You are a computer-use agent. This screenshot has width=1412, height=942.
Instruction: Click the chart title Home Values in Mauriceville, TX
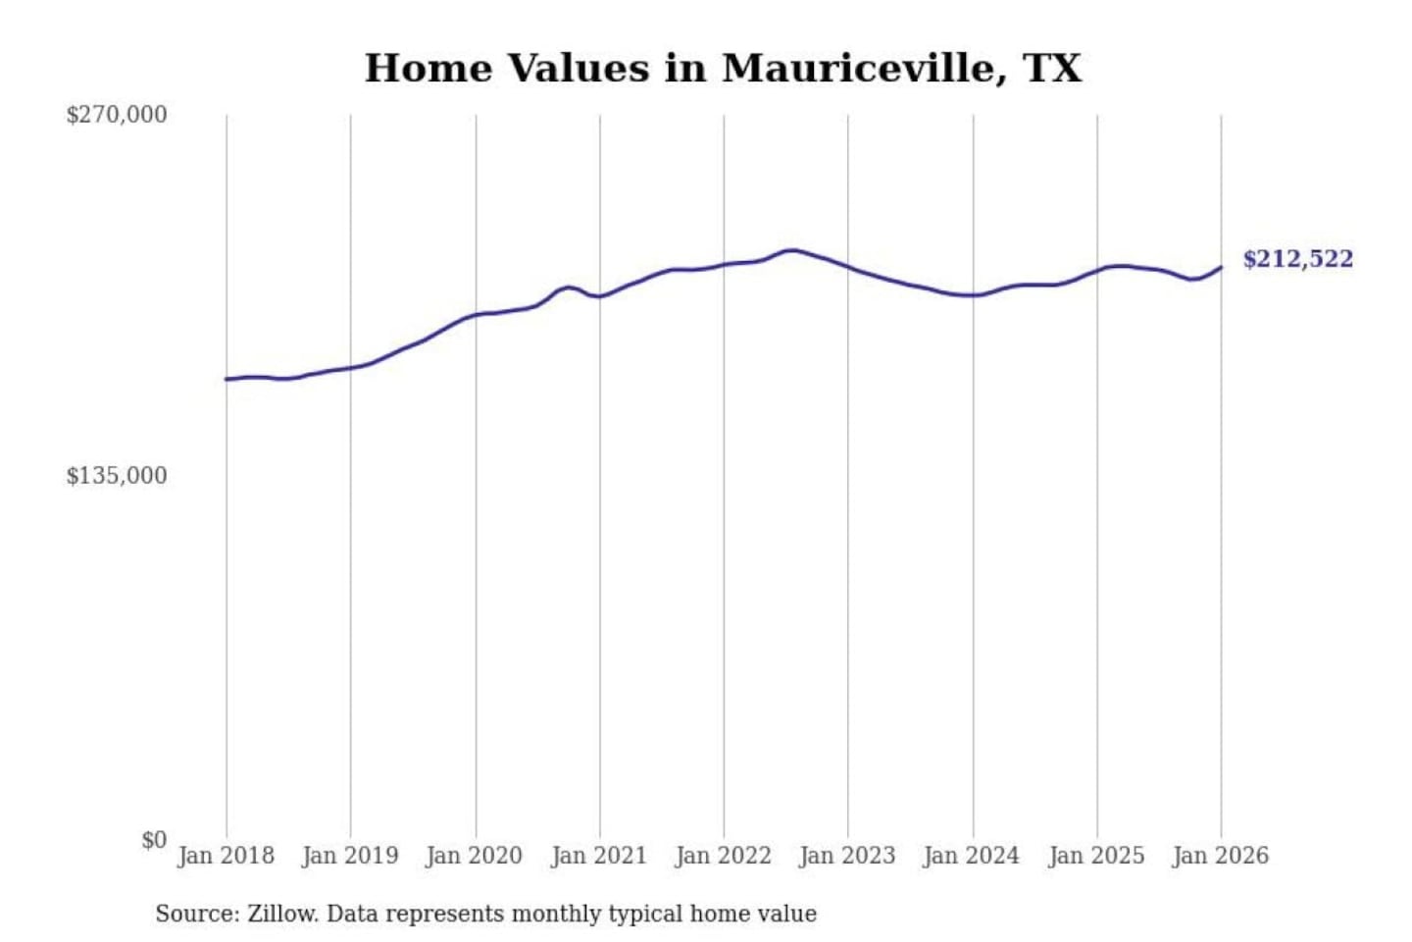[x=723, y=69]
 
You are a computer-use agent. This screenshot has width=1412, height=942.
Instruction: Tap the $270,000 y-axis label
[x=116, y=115]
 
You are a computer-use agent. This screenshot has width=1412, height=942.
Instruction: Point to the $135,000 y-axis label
[x=116, y=476]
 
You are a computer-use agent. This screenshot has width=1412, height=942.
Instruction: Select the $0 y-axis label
[x=154, y=840]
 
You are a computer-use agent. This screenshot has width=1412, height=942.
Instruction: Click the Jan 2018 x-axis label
[x=226, y=856]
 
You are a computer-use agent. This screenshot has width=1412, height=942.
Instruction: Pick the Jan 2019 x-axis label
[x=350, y=856]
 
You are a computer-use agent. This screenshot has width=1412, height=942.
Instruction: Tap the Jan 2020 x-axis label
[x=475, y=856]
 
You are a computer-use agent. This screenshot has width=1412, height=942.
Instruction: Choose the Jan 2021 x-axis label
[x=599, y=856]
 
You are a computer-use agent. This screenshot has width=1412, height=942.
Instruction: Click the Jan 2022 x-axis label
[x=724, y=856]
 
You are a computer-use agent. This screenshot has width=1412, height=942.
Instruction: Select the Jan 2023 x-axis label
[x=847, y=856]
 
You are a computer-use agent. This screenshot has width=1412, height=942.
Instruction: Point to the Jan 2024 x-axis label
[x=972, y=856]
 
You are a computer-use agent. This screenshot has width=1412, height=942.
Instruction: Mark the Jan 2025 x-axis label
[x=1096, y=856]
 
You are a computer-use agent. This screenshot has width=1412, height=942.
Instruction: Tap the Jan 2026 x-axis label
[x=1221, y=856]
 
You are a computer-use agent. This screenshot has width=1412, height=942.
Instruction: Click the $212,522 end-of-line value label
[x=1297, y=259]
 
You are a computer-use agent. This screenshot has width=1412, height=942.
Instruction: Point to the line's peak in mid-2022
[x=792, y=250]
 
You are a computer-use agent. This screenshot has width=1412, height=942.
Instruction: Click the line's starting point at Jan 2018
[x=227, y=379]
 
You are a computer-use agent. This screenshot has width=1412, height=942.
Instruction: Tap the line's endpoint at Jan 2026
[x=1221, y=267]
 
